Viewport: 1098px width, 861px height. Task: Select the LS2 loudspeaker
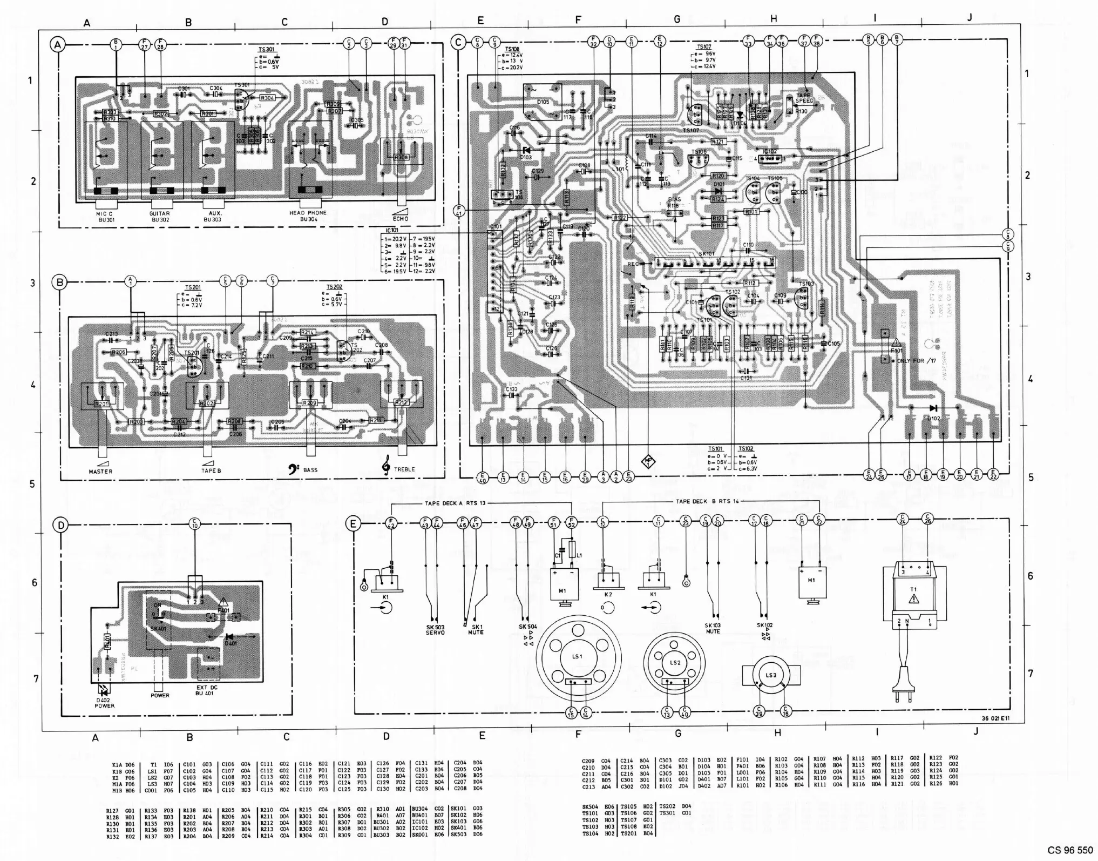pos(674,662)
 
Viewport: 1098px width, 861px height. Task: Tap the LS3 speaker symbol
pos(770,675)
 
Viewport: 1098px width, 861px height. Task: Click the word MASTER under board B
pos(100,471)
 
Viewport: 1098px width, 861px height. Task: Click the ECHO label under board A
pos(401,219)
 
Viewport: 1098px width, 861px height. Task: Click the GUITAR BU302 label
pos(160,217)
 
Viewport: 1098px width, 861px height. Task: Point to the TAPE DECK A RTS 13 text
pos(452,503)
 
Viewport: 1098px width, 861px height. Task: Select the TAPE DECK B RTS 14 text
pos(707,501)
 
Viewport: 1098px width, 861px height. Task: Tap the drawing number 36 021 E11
pos(995,719)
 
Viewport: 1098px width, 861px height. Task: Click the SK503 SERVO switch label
pos(435,629)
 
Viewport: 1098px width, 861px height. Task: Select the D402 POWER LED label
pos(105,702)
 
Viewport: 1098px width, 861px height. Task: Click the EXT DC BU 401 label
pos(205,690)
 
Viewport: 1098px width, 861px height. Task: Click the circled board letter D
pos(62,525)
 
